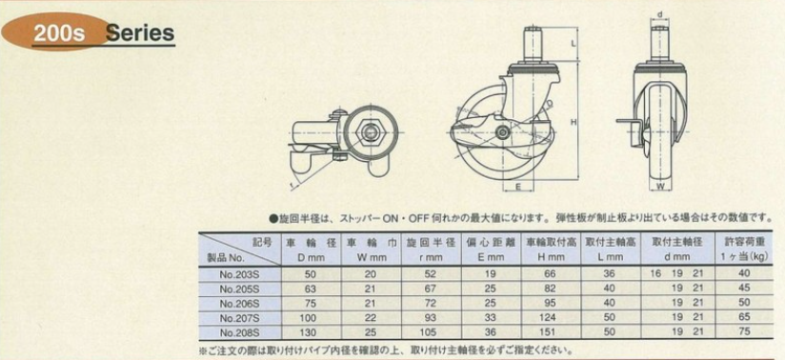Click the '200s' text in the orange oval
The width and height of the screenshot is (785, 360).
(59, 34)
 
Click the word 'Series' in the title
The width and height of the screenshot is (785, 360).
(140, 33)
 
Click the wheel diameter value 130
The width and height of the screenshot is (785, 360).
(307, 331)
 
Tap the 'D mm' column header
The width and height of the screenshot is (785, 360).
(307, 257)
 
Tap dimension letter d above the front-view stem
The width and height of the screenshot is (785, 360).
(659, 13)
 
